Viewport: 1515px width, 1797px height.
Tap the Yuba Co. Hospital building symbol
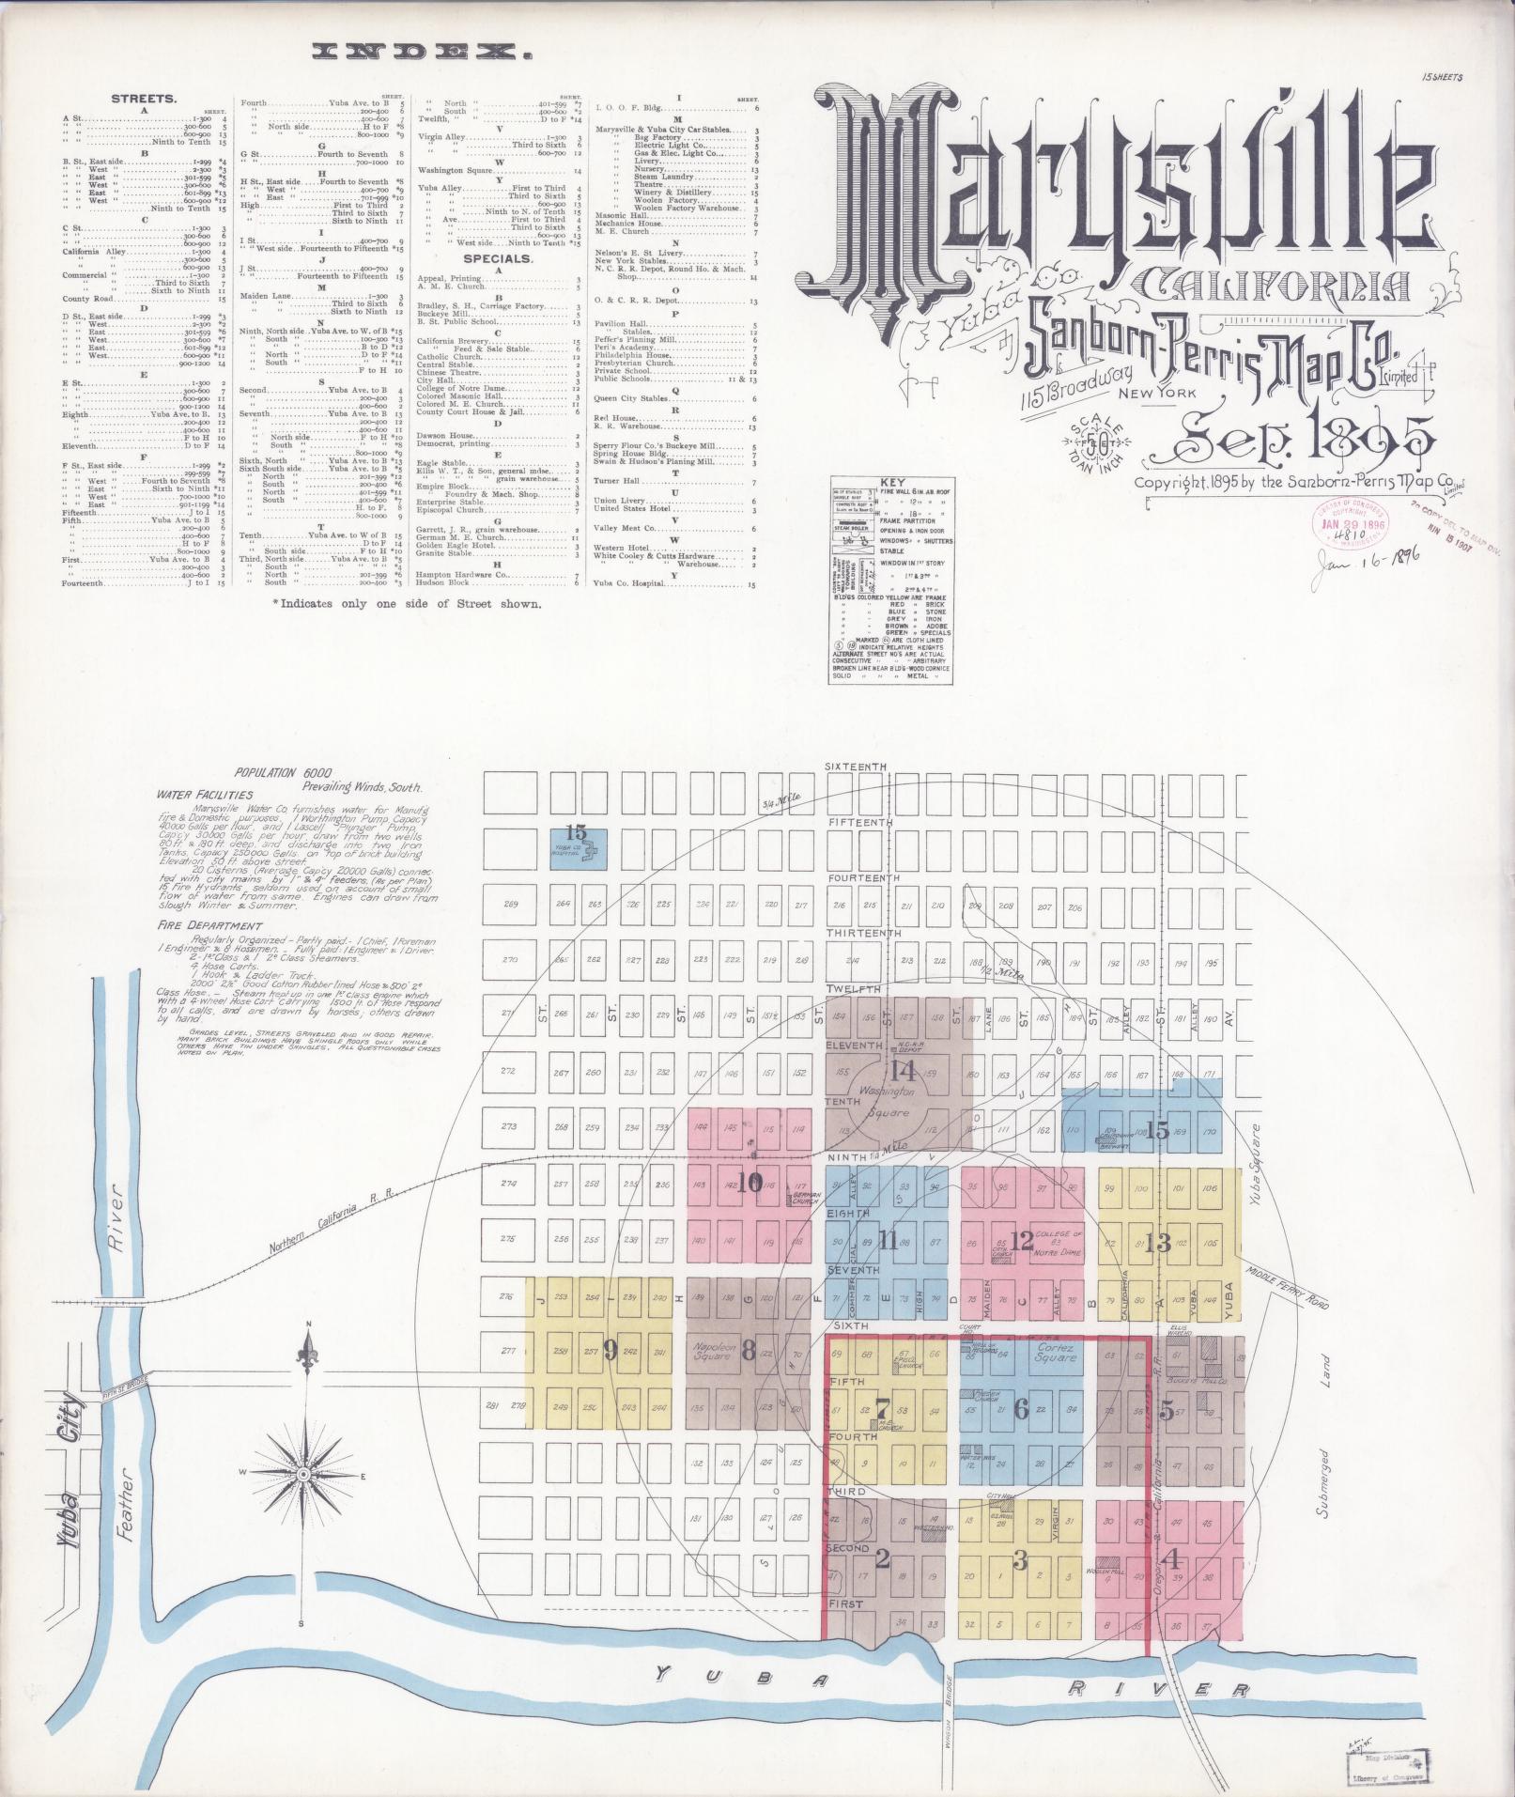click(589, 851)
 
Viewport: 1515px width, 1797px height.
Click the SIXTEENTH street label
click(855, 767)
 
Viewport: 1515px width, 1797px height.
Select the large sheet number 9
click(611, 1351)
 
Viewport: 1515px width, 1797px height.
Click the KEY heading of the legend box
click(890, 488)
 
